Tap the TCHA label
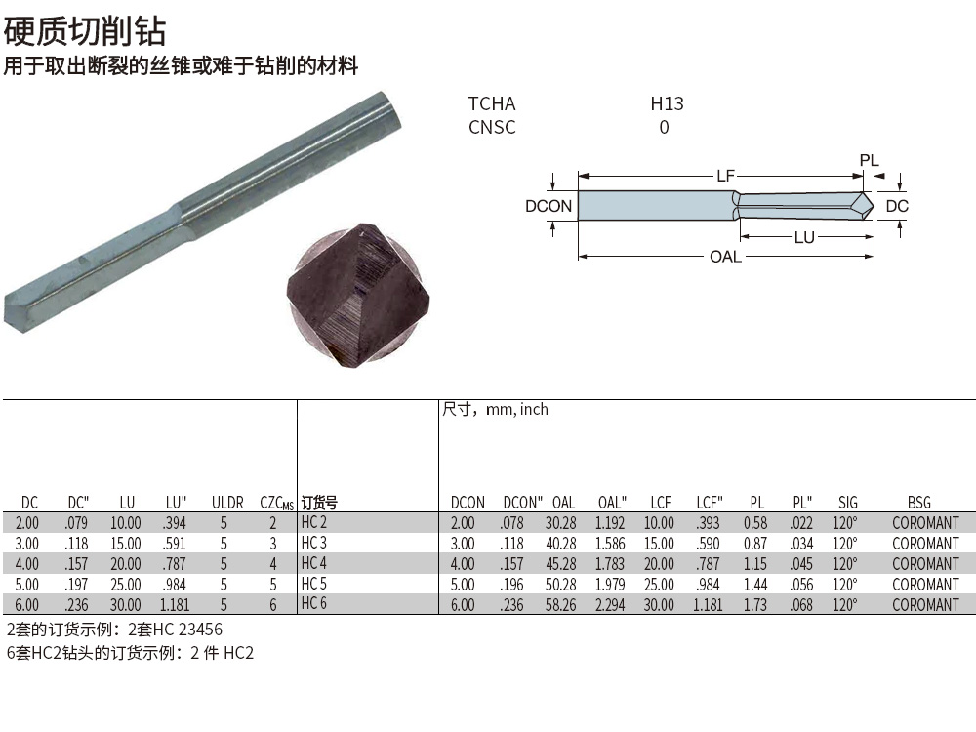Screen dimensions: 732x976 491,103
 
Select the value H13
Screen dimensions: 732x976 667,103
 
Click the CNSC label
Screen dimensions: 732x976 492,127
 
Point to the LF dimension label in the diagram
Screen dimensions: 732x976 725,176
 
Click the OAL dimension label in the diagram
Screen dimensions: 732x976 725,257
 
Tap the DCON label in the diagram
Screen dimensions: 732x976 549,206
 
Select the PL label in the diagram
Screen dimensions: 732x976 869,160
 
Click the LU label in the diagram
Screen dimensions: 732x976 804,237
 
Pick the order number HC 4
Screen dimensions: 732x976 313,563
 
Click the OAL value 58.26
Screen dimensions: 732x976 563,604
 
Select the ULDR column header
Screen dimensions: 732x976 227,503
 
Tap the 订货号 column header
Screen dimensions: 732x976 319,503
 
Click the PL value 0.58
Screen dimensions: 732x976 755,522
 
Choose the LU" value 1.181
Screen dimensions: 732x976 174,604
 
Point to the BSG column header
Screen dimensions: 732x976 918,503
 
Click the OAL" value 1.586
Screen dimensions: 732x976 611,543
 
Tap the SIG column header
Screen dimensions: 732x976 847,503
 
